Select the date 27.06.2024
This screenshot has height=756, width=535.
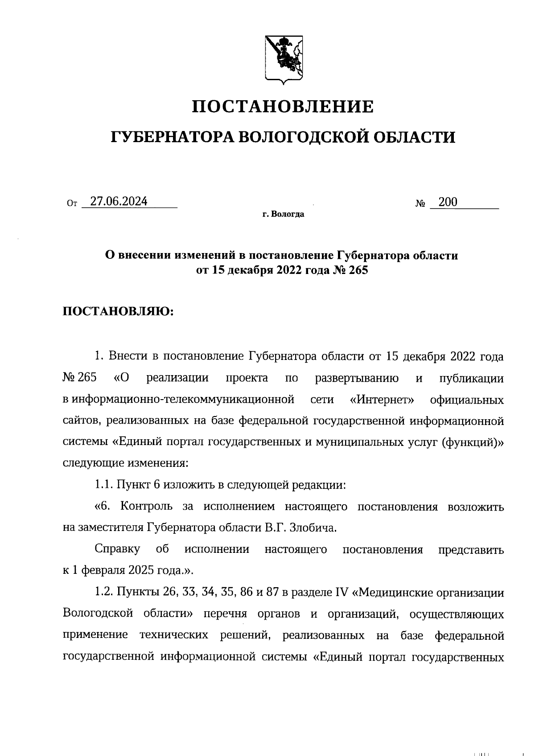pyautogui.click(x=119, y=202)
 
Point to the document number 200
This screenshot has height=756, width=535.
pyautogui.click(x=448, y=202)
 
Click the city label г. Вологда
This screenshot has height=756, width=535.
pyautogui.click(x=283, y=215)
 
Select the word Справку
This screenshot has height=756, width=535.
pyautogui.click(x=117, y=549)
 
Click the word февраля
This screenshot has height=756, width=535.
pyautogui.click(x=106, y=571)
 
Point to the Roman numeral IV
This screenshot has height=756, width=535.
pyautogui.click(x=340, y=593)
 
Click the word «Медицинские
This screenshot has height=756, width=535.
pyautogui.click(x=395, y=593)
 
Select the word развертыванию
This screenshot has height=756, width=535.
pyautogui.click(x=357, y=378)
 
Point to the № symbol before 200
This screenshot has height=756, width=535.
pyautogui.click(x=420, y=204)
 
